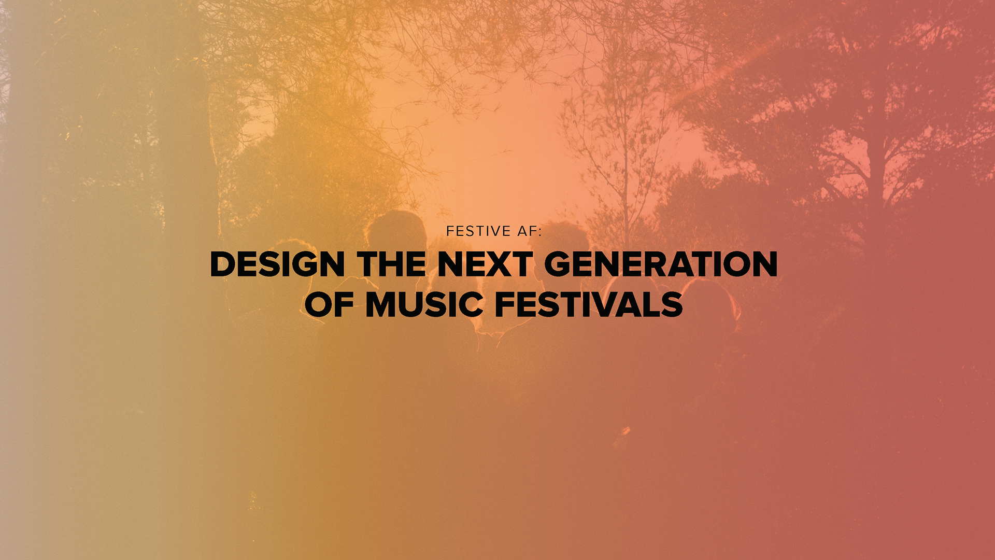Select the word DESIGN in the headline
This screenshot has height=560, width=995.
click(277, 264)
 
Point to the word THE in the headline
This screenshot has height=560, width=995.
click(391, 264)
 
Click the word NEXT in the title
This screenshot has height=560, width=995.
click(485, 264)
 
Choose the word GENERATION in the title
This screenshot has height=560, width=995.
click(661, 264)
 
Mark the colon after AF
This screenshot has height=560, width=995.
click(539, 232)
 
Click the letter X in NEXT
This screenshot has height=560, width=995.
click(494, 264)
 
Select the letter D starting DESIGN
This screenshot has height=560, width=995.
click(223, 264)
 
